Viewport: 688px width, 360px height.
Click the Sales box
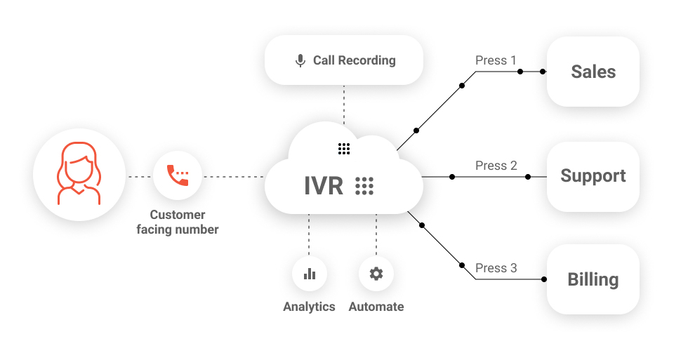(x=593, y=72)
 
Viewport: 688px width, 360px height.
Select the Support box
(x=593, y=176)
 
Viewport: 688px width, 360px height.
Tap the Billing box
(x=593, y=279)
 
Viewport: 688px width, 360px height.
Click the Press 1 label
(x=496, y=60)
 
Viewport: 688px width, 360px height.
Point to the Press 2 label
(x=496, y=166)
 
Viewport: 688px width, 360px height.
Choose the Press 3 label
(x=496, y=268)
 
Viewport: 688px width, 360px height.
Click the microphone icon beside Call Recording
(x=300, y=60)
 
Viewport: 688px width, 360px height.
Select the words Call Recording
(x=354, y=60)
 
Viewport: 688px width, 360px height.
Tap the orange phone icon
(x=178, y=175)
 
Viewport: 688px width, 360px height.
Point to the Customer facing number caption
(x=178, y=222)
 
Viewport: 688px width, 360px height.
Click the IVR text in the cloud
(x=324, y=186)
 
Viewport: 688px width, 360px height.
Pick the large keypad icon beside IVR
(x=364, y=186)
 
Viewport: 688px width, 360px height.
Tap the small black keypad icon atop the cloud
(x=343, y=148)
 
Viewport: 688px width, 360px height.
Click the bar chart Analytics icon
(x=310, y=274)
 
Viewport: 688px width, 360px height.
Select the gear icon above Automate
(x=376, y=274)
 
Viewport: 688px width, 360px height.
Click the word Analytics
(x=309, y=307)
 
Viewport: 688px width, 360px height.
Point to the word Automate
(x=376, y=307)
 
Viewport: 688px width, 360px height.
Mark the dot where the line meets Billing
(x=545, y=279)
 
